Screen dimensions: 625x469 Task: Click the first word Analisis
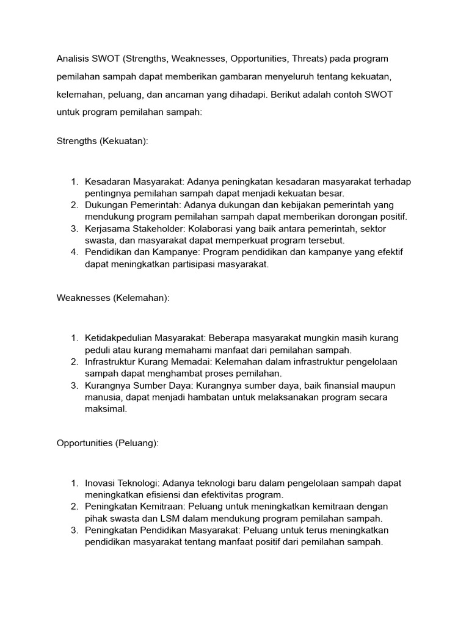coord(73,59)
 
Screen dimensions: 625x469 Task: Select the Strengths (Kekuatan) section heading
coord(103,141)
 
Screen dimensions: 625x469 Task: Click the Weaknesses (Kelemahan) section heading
coord(113,297)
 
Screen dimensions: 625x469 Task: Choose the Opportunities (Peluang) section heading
coord(107,444)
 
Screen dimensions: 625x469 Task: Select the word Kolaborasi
coord(208,228)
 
